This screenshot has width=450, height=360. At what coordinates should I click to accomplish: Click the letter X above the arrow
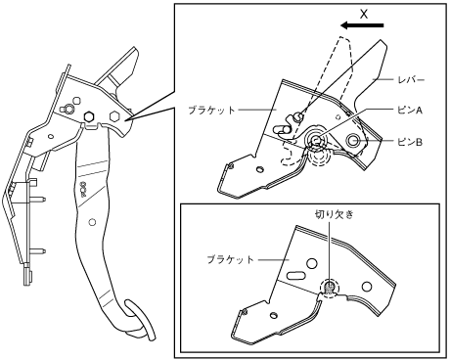tap(364, 14)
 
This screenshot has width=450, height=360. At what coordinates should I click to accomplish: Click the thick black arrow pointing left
tap(362, 25)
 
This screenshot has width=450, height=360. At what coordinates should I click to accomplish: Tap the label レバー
tap(411, 79)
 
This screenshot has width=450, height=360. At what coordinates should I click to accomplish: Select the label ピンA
tap(410, 111)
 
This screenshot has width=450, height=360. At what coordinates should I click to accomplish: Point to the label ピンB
tap(410, 142)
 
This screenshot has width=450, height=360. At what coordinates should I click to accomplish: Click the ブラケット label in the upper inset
tap(211, 110)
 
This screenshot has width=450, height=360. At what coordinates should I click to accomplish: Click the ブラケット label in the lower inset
tap(230, 259)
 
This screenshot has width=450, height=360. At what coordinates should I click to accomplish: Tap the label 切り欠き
tap(334, 214)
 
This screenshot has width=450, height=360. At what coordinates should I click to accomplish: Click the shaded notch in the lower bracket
tap(330, 288)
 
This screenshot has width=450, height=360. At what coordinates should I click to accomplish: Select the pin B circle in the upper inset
tap(353, 141)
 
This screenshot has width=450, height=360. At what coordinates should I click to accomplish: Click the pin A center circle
tap(316, 140)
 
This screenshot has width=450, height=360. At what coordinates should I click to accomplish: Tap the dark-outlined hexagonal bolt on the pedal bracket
tap(89, 115)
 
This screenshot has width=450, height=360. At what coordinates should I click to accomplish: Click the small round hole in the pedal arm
tap(92, 222)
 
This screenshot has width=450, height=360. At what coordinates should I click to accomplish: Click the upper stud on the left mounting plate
tap(38, 199)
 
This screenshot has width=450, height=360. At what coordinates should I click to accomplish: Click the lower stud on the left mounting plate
tap(38, 251)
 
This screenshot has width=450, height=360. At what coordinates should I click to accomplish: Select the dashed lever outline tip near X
tap(344, 38)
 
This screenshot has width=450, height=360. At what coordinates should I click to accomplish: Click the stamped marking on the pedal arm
tap(82, 189)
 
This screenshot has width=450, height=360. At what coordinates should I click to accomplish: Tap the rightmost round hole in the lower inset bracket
tap(367, 287)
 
